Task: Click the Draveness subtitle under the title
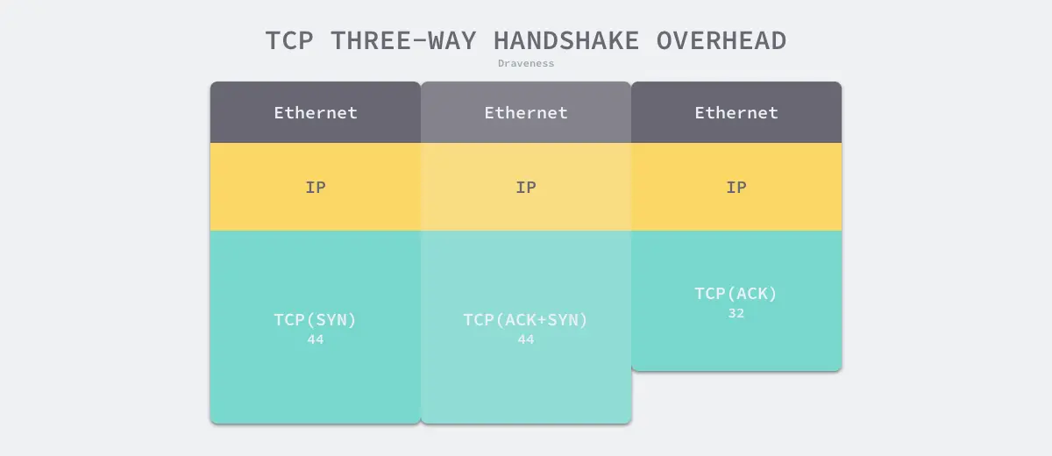526,63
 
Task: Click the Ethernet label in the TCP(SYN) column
316,112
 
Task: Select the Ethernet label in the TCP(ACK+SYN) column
526,112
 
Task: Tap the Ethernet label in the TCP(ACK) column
736,112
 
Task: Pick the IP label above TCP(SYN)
316,187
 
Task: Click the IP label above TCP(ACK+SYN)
526,187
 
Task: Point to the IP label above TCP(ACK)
736,187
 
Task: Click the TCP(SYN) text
316,320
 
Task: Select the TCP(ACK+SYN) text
526,320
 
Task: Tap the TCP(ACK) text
736,294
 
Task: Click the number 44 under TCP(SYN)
316,339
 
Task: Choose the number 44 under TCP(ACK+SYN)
526,339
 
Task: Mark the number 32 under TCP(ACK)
736,313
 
